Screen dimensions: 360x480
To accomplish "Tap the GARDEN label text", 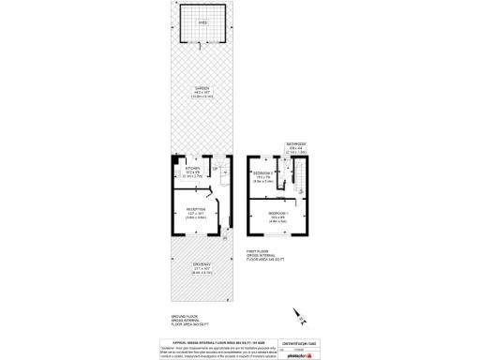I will pyautogui.click(x=203, y=91).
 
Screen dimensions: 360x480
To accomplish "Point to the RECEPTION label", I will pyautogui.click(x=195, y=210).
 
